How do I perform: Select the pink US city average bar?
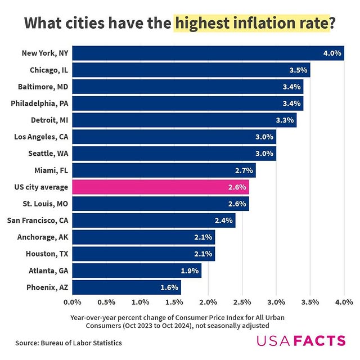point(160,187)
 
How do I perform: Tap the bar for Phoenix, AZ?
point(127,287)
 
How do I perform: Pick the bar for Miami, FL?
point(163,170)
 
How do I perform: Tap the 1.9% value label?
point(190,271)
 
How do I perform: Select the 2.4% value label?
point(223,220)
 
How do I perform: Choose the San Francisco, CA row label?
point(37,220)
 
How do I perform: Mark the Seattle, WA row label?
point(48,154)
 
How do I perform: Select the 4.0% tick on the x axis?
point(343,303)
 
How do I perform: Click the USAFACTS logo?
point(301,340)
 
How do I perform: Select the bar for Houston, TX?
point(143,254)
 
